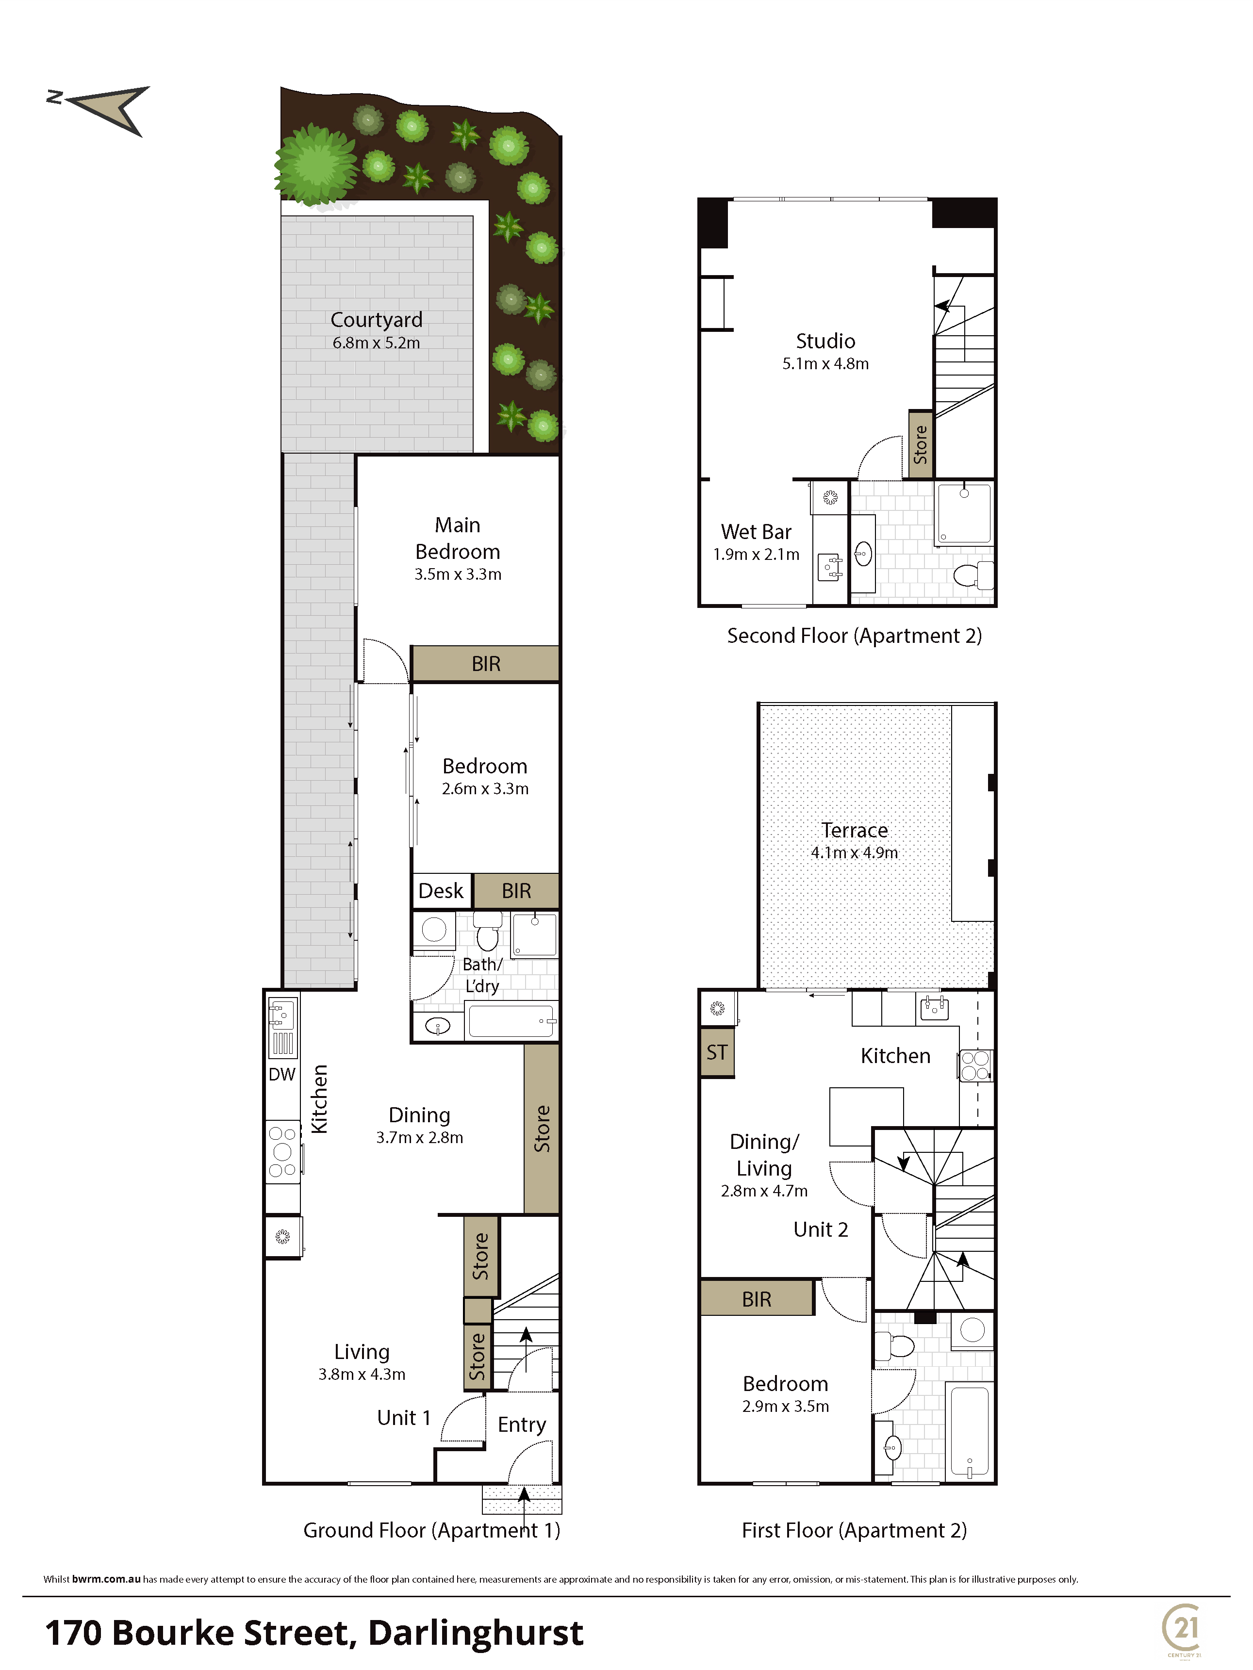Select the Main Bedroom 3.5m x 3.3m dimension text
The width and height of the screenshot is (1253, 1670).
click(x=458, y=574)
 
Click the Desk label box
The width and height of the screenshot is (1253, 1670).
click(x=442, y=891)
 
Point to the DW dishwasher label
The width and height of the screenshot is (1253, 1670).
click(x=282, y=1074)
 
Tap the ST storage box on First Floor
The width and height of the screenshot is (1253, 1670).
click(x=717, y=1052)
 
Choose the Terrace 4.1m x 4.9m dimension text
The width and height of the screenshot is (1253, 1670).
click(x=854, y=853)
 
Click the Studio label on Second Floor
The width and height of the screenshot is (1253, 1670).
click(x=825, y=341)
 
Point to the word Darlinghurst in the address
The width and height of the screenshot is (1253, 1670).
click(x=476, y=1633)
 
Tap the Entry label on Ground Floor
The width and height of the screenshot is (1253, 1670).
click(x=522, y=1424)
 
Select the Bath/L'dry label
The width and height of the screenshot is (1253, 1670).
click(x=483, y=975)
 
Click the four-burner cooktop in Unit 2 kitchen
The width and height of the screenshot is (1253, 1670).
click(x=975, y=1066)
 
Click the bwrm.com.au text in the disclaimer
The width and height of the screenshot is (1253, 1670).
click(x=106, y=1579)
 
